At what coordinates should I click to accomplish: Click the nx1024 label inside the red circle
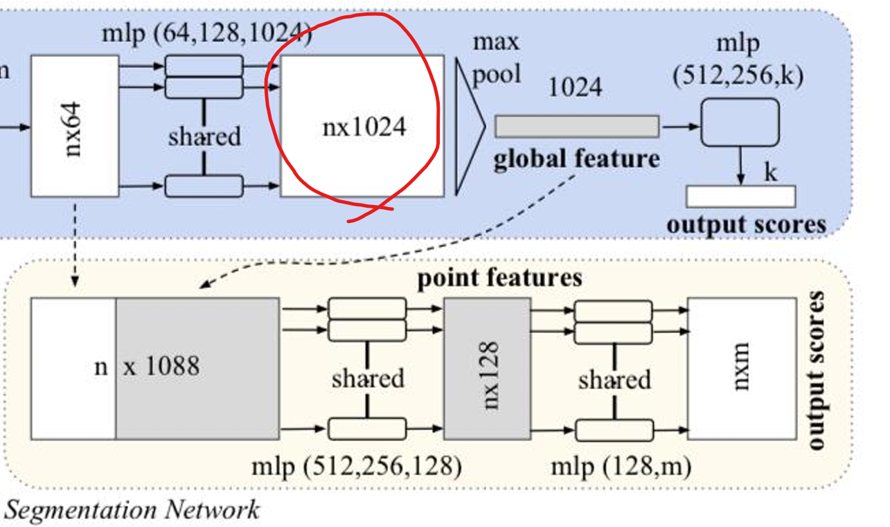364,127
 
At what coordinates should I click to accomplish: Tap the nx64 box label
74,129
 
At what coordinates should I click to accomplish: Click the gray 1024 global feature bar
576,127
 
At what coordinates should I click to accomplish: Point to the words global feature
576,159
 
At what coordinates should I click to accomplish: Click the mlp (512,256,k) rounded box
740,123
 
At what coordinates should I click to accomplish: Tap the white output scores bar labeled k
740,197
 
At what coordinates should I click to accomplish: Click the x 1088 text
161,366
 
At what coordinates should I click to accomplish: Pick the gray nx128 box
488,369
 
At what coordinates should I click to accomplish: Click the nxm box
742,369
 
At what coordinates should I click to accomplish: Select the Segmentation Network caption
132,510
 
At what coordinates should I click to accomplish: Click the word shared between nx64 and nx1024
204,136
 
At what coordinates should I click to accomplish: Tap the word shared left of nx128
367,379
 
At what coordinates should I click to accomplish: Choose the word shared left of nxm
614,380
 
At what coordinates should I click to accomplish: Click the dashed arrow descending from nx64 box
75,242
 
